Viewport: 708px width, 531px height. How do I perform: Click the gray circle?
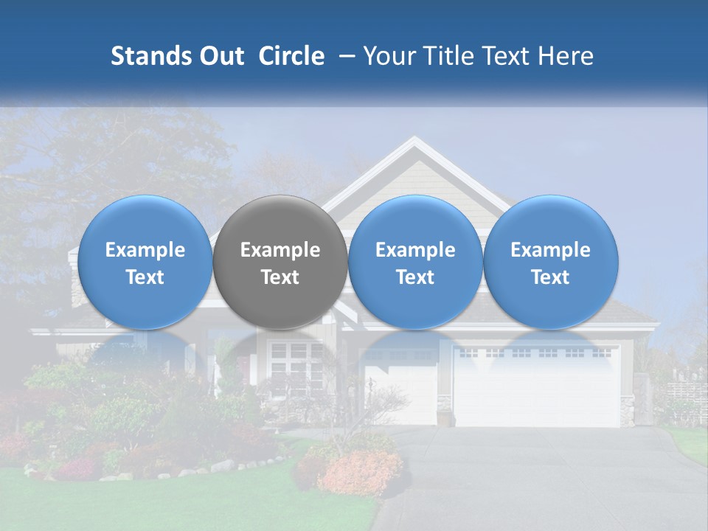click(280, 262)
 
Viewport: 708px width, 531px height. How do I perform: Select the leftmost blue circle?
click(145, 262)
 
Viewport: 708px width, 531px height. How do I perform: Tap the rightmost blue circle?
click(550, 262)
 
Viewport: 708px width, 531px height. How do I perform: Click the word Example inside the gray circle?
click(280, 250)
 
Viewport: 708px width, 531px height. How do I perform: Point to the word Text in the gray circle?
click(280, 277)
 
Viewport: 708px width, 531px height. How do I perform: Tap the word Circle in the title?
click(291, 56)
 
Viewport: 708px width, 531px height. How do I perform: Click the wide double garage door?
click(536, 387)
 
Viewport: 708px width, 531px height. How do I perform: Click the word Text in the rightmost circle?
click(550, 277)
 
